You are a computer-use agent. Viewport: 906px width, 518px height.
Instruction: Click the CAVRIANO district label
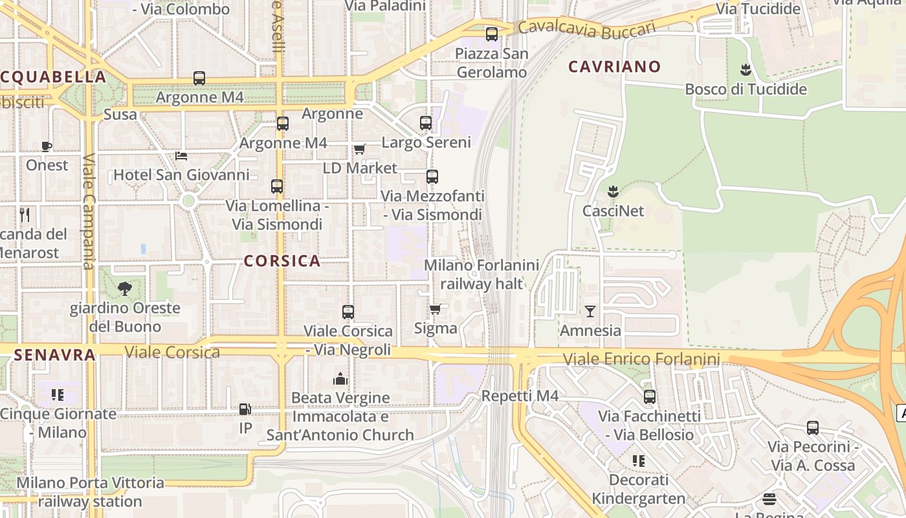614,66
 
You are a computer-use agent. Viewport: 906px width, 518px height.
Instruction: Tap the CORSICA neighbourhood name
282,261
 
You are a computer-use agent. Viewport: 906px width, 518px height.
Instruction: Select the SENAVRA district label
54,354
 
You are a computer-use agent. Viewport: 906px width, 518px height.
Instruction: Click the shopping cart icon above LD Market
359,149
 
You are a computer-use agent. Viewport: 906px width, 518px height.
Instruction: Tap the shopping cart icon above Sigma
435,309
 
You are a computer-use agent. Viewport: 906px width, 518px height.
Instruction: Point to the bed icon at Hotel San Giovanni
181,155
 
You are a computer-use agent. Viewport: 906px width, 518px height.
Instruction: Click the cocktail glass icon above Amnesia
590,311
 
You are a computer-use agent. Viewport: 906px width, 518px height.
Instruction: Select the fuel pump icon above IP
245,409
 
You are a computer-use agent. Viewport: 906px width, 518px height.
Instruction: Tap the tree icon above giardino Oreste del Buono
124,289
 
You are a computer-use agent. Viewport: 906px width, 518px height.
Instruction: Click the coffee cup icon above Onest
47,146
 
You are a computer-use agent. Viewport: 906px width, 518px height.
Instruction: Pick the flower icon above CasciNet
613,192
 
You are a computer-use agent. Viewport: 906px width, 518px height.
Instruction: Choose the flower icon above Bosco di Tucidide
746,69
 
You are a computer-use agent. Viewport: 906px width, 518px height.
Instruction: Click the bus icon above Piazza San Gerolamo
492,34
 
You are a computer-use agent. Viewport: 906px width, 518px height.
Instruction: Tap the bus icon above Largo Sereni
426,122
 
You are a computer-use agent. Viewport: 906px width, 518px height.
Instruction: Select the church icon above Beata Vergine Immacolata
340,379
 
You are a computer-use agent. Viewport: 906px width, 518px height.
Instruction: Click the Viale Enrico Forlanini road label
641,359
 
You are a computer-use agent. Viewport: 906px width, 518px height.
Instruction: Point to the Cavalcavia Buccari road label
586,27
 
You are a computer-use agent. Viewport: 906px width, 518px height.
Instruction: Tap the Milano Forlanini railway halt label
481,274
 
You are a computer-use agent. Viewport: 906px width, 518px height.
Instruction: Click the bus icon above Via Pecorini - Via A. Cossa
812,428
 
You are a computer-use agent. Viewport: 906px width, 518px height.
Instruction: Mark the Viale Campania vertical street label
89,211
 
